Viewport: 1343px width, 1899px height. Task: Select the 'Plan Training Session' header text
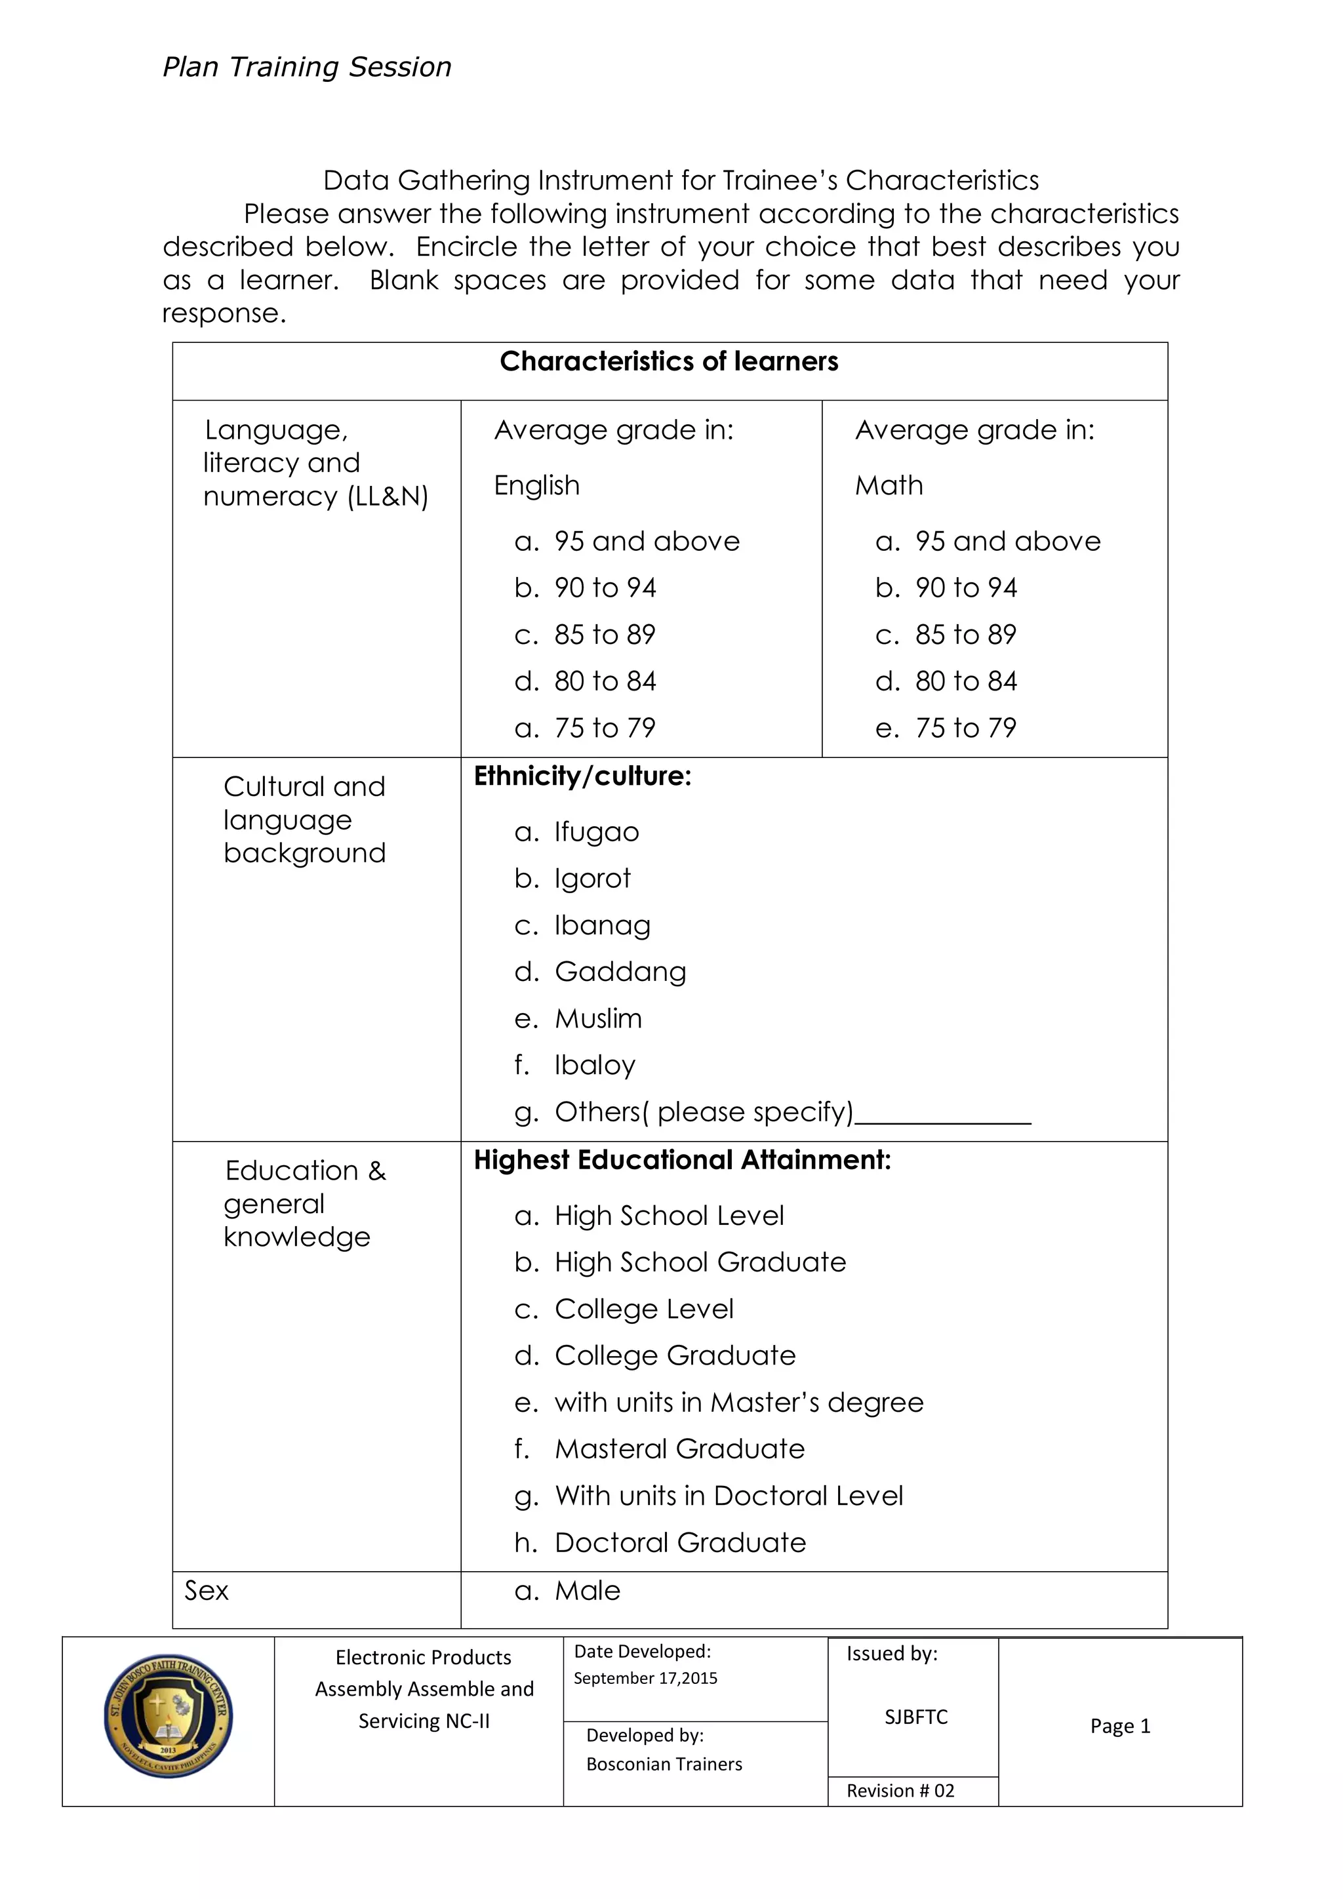[x=307, y=67]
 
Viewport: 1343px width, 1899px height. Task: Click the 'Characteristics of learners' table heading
[x=669, y=361]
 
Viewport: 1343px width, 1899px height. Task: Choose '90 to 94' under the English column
[x=605, y=588]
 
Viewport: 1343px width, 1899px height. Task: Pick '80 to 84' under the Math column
[x=965, y=681]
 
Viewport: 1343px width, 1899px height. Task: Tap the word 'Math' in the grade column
[x=889, y=485]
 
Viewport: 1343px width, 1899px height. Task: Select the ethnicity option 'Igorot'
[x=592, y=879]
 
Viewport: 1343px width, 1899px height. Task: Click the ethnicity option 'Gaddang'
[x=620, y=972]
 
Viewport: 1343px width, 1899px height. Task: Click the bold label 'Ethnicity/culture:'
[x=582, y=776]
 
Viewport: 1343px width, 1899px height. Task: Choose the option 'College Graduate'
[x=675, y=1355]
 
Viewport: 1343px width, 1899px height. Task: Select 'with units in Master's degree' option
[x=738, y=1403]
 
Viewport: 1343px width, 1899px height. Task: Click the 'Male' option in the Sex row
[x=587, y=1591]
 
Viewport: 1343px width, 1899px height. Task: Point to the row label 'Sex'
[x=206, y=1591]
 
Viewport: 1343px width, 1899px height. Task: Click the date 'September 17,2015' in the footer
[x=645, y=1678]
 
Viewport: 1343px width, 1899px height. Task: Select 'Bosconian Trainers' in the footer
[x=664, y=1764]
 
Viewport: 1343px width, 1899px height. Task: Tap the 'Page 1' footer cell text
[x=1120, y=1726]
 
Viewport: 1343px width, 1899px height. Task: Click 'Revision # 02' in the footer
[x=900, y=1791]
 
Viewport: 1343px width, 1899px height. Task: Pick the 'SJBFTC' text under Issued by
[x=915, y=1717]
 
